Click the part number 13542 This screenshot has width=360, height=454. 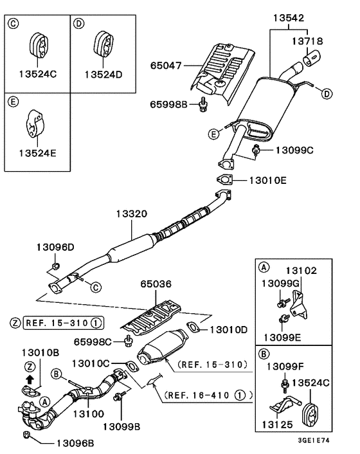[x=291, y=19]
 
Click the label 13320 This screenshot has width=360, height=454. [x=132, y=213]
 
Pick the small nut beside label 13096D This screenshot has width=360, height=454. [x=56, y=265]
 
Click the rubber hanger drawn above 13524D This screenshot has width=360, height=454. [x=102, y=43]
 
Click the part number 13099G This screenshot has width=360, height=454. [x=279, y=283]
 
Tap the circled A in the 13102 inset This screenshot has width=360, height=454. [x=264, y=266]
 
